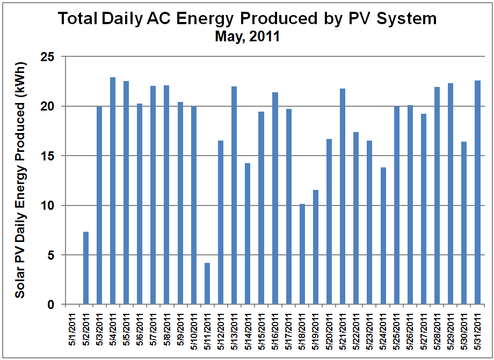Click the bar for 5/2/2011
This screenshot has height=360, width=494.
[86, 268]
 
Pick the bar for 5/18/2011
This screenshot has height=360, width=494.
[302, 254]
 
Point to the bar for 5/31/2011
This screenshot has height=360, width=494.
[478, 193]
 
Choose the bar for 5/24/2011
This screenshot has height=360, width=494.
[383, 236]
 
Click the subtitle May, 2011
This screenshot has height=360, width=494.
[247, 36]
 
